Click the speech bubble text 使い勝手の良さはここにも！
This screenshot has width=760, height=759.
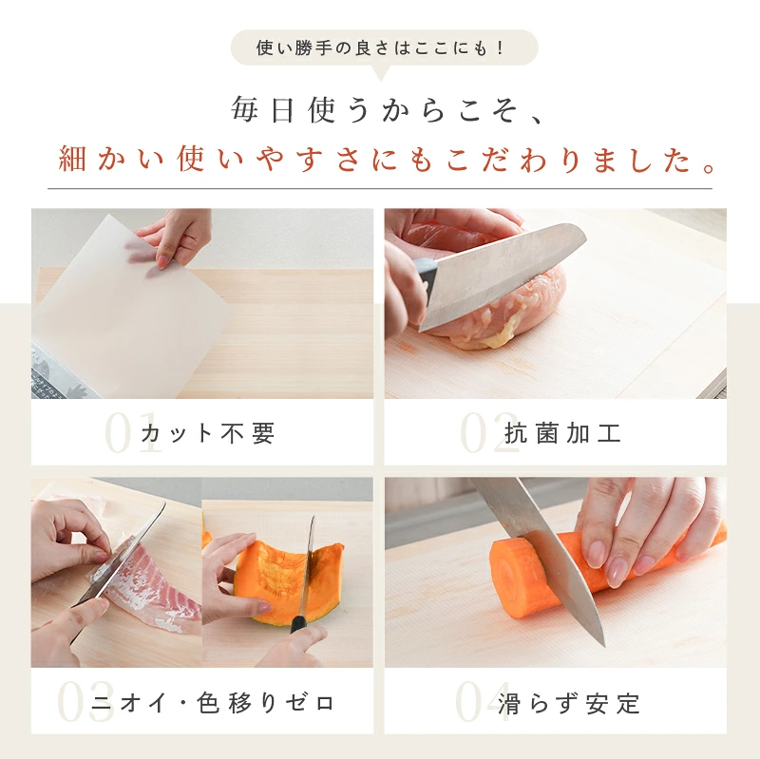point(381,48)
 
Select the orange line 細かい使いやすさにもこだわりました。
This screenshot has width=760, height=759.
point(388,159)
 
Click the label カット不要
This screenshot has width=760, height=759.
point(208,433)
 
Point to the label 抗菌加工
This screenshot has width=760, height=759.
point(562,433)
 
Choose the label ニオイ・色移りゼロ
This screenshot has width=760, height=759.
point(213,703)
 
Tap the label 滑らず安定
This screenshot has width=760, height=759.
point(569,703)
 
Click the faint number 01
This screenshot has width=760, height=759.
point(132,433)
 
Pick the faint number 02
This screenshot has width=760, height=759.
point(488,433)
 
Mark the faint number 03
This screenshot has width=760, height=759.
point(85,702)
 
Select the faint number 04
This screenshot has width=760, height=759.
point(483,702)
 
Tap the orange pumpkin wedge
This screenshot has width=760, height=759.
point(286,581)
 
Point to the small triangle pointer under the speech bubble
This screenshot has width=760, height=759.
point(381,73)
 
